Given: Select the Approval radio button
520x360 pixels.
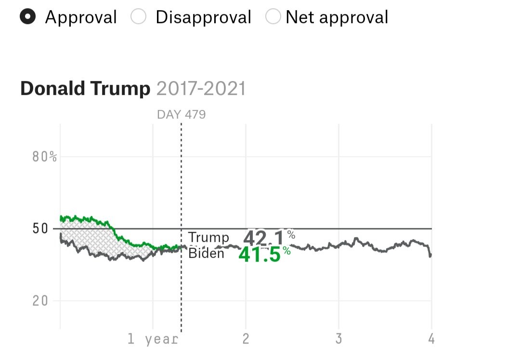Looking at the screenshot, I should click(28, 17).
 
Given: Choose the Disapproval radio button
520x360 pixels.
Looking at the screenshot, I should click(139, 17).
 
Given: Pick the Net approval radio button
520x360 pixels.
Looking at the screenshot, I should click(273, 17).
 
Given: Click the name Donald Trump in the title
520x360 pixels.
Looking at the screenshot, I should click(85, 89).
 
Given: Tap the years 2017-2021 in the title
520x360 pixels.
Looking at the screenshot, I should click(201, 89).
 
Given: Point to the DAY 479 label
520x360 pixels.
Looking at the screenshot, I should click(181, 115).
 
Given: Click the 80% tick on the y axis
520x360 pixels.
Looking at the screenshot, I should click(45, 157).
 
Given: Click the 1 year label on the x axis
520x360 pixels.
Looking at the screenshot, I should click(153, 339).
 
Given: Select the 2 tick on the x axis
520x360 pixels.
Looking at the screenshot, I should click(246, 339).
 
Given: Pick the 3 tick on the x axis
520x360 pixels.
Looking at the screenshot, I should click(338, 339).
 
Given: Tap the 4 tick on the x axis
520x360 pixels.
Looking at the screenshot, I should click(431, 339).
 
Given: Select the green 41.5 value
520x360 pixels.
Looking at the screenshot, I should click(260, 255).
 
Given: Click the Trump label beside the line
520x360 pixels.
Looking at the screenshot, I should click(208, 238).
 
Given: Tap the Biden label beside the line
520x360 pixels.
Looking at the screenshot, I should click(206, 253).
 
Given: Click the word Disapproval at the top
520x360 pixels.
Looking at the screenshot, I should click(203, 17).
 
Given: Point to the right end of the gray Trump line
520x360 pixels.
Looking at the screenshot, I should click(430, 255).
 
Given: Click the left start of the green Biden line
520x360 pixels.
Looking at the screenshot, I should click(61, 218).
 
